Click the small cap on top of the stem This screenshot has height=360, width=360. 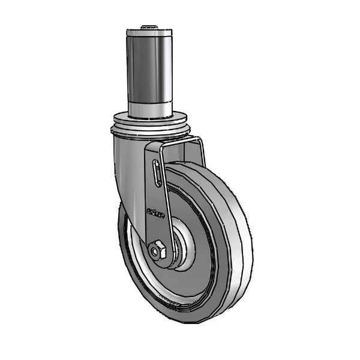coord(149,27)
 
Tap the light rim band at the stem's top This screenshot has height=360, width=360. coord(149,33)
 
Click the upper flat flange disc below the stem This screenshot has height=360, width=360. coord(149,118)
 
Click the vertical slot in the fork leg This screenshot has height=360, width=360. coord(157,173)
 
